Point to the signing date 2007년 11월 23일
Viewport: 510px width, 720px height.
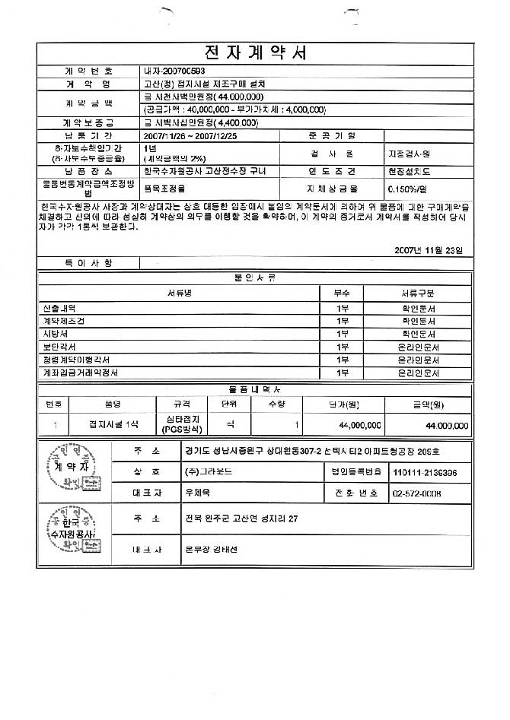point(433,249)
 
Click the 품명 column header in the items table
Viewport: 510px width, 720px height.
point(113,404)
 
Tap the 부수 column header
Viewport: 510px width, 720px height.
point(342,292)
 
